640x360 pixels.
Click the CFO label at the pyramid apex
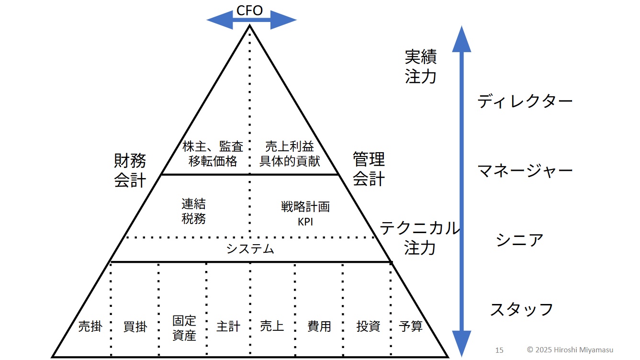(x=250, y=11)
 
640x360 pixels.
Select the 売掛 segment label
(x=90, y=327)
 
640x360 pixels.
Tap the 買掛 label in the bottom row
(x=135, y=327)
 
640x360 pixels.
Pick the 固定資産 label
(x=184, y=327)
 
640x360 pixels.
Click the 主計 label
(x=228, y=327)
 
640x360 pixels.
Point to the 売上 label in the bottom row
(x=272, y=327)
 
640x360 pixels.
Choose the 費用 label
(x=319, y=327)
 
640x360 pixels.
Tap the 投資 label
(x=368, y=327)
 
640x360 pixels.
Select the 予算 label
(x=411, y=327)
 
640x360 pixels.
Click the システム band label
(x=250, y=249)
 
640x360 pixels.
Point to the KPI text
(x=305, y=222)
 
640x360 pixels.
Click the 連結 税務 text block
(x=194, y=211)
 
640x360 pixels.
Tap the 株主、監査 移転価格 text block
(x=213, y=154)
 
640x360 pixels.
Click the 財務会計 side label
(x=130, y=170)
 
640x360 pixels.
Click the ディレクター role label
(x=525, y=101)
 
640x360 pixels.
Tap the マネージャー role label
(x=525, y=170)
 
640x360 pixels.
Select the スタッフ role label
(x=521, y=309)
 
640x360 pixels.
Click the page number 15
(x=499, y=350)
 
